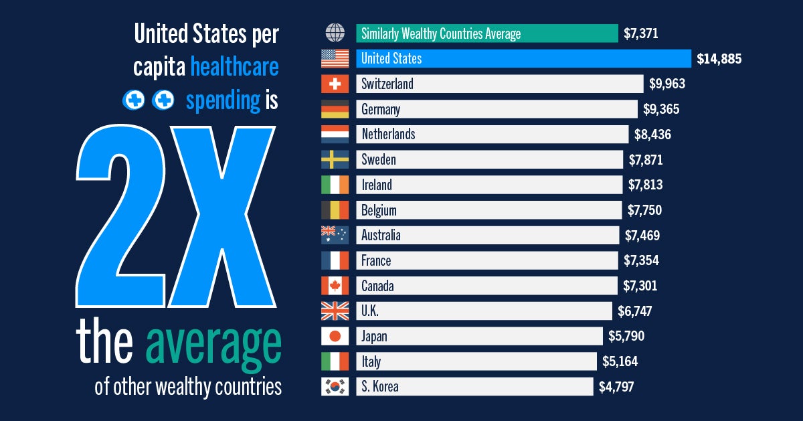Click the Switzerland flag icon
coord(335,84)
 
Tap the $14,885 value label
coord(719,59)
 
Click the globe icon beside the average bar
coord(335,33)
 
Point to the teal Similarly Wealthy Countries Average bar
coord(486,33)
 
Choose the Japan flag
coord(335,336)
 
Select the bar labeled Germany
coord(497,109)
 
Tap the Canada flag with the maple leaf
coord(335,286)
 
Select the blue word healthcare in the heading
coord(234,67)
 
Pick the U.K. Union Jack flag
coord(335,311)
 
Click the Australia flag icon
coord(335,235)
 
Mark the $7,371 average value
coord(640,33)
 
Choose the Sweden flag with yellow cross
coord(335,159)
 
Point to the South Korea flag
coord(335,387)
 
